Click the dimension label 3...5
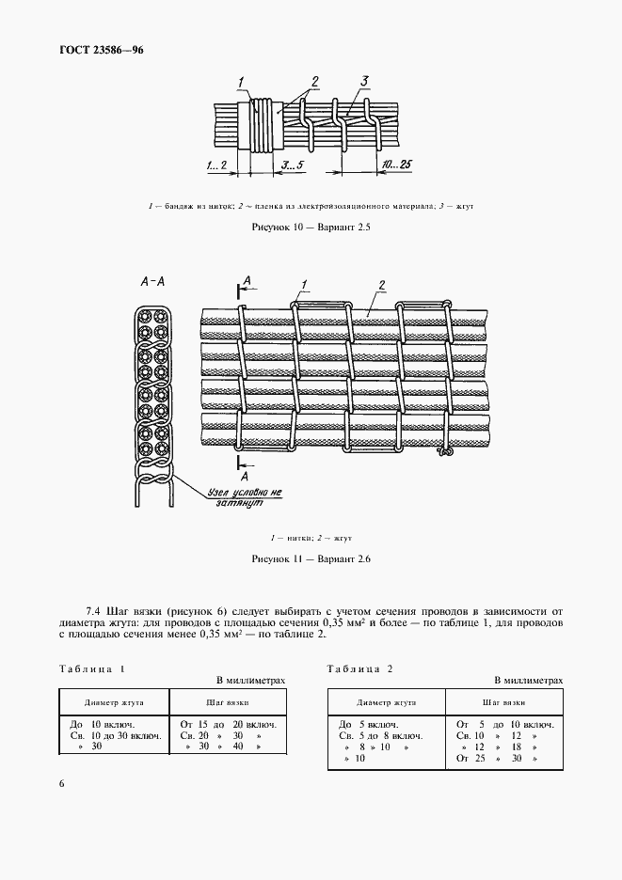(x=292, y=164)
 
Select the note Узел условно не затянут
(x=243, y=497)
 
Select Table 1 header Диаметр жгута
(x=113, y=701)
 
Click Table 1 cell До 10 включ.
(x=102, y=724)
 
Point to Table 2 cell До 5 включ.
(x=368, y=724)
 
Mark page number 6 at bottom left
(x=61, y=784)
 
